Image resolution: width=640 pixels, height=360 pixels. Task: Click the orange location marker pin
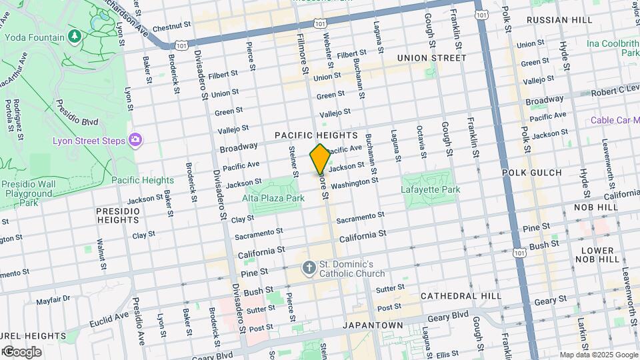click(x=320, y=159)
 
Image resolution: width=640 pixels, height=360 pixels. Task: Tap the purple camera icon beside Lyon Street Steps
click(x=136, y=139)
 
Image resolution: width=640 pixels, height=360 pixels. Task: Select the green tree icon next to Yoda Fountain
click(x=75, y=35)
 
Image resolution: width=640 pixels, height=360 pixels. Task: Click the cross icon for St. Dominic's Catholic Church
click(x=309, y=268)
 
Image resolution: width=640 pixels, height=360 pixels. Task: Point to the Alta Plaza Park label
click(x=273, y=198)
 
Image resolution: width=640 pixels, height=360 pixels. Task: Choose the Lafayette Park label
click(x=431, y=190)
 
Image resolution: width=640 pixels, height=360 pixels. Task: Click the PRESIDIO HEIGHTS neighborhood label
click(x=118, y=216)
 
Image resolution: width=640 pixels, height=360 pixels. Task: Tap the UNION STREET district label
click(x=431, y=58)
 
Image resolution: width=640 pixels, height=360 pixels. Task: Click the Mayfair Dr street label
click(x=53, y=301)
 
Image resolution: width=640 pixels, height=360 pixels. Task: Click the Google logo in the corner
click(x=21, y=351)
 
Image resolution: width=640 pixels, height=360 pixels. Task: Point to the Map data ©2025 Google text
click(x=598, y=355)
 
